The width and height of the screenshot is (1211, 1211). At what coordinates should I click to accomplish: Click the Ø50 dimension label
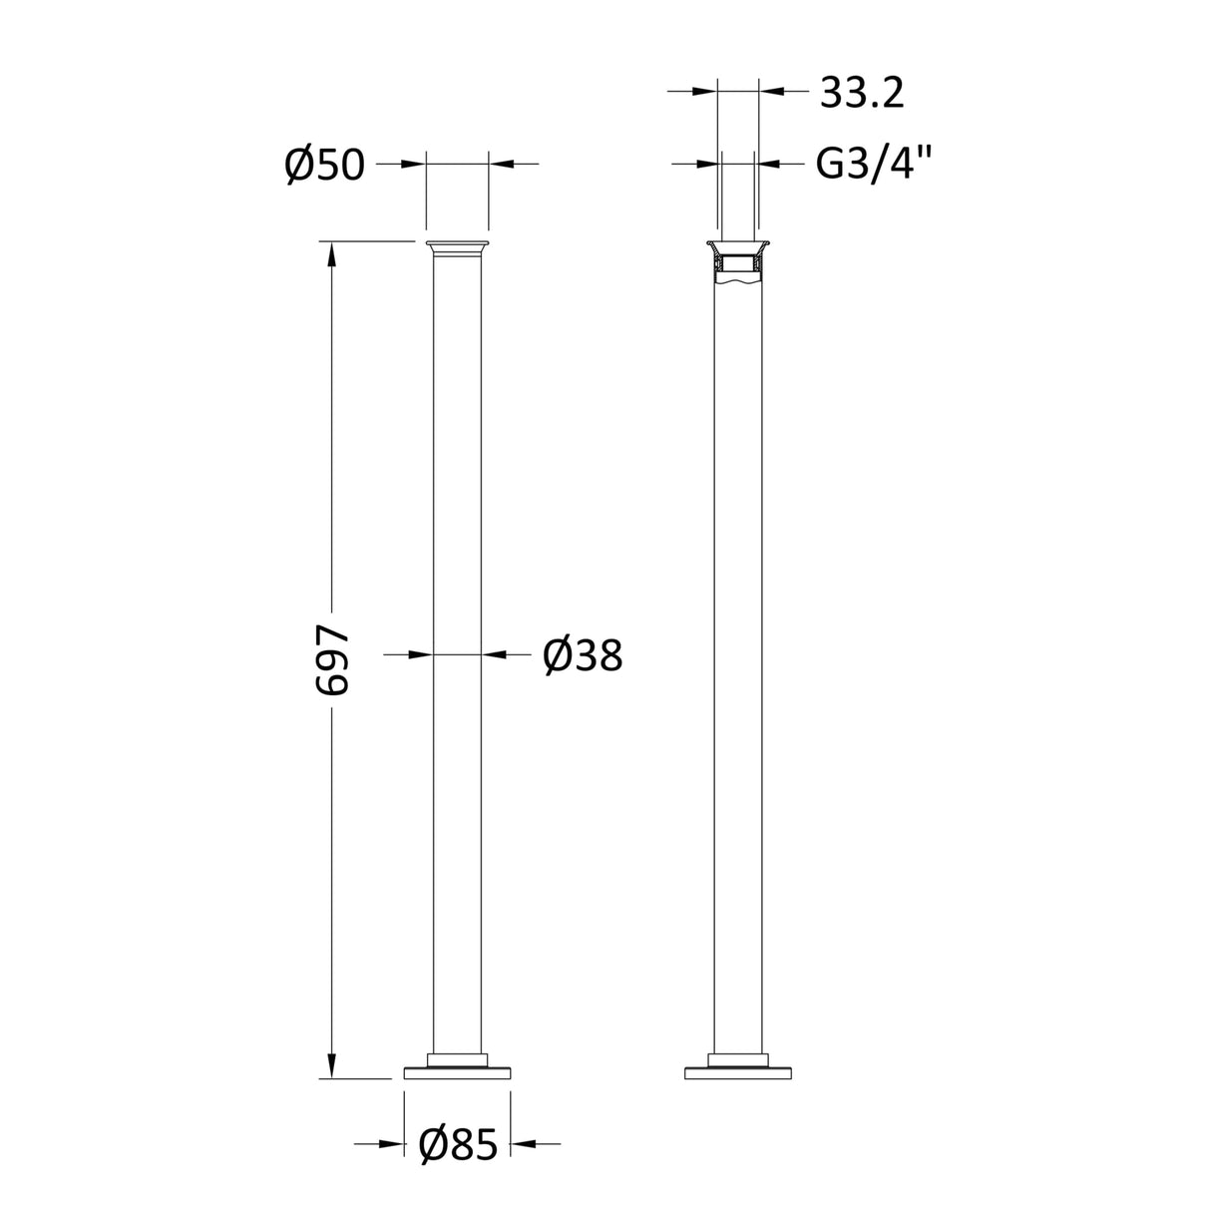click(x=324, y=164)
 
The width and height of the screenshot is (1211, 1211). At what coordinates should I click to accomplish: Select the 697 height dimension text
click(x=332, y=661)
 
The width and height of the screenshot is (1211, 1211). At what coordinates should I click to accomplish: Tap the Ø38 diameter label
click(x=583, y=655)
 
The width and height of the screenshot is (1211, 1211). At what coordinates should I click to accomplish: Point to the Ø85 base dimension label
click(x=457, y=1145)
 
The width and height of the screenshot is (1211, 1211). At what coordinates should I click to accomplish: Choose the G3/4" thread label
click(x=875, y=164)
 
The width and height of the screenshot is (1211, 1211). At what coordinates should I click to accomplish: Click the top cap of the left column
click(x=457, y=246)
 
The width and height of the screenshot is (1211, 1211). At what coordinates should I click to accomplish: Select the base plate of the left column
click(x=457, y=1073)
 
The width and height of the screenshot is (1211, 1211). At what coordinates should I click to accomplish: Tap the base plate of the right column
click(x=738, y=1073)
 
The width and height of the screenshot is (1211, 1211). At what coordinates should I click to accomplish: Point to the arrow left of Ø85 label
click(x=392, y=1144)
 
